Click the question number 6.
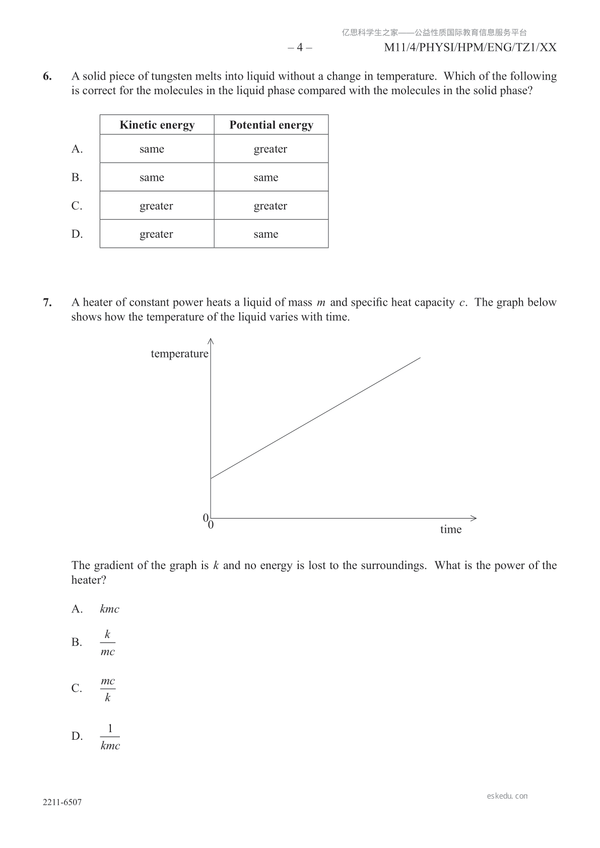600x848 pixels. [47, 77]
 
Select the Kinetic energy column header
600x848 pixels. [157, 125]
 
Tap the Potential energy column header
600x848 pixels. [271, 125]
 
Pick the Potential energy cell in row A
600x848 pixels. [271, 149]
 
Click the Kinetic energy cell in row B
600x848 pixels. [152, 177]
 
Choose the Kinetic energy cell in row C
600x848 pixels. [156, 206]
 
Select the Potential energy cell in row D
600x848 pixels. [266, 234]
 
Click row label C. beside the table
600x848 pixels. [77, 206]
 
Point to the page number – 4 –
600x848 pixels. [300, 48]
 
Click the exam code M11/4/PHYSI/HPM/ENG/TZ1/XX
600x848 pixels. [470, 48]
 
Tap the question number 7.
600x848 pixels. [47, 303]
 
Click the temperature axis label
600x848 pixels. [179, 354]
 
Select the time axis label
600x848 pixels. [451, 529]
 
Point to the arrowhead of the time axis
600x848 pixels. [474, 518]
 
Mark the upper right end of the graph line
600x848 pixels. [420, 358]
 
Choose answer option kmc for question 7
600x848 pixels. [109, 609]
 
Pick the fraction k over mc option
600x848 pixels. [107, 643]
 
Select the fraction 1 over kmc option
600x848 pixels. [110, 737]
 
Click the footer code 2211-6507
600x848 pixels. [62, 803]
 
